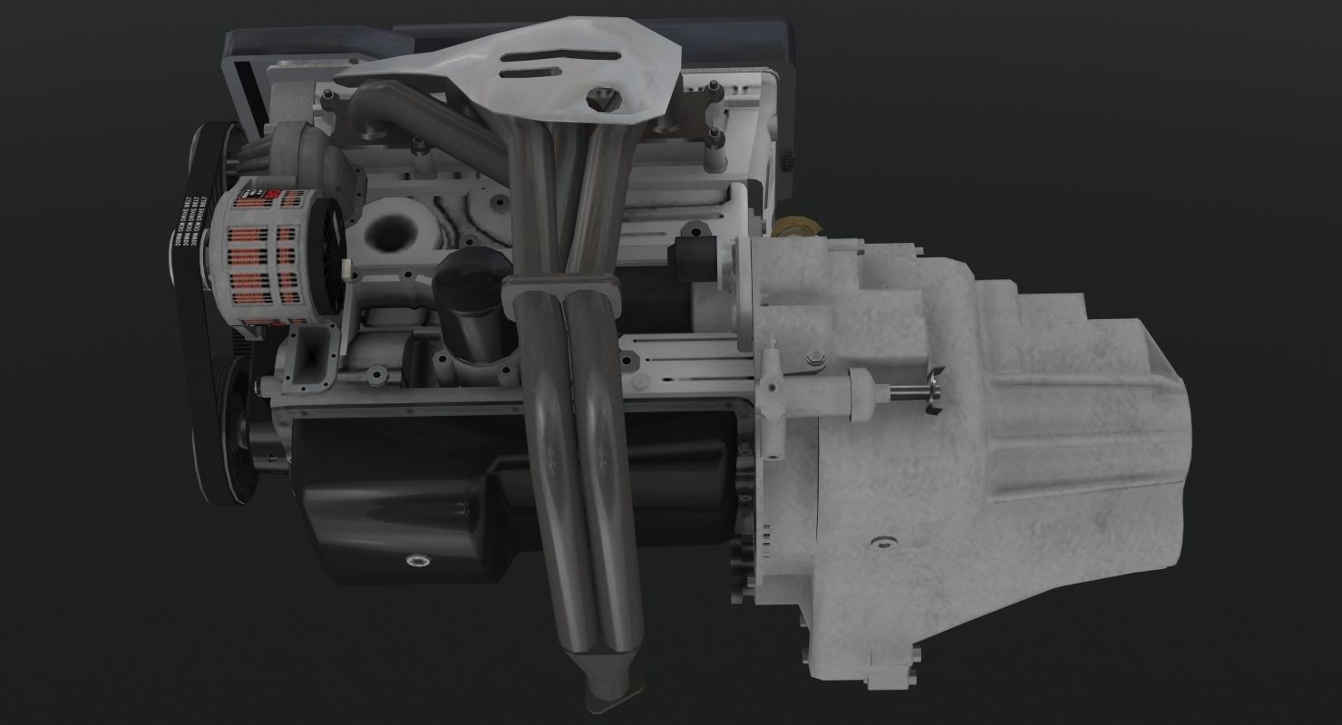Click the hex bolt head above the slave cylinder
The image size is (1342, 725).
point(813,359)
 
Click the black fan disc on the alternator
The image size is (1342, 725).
point(328,263)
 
